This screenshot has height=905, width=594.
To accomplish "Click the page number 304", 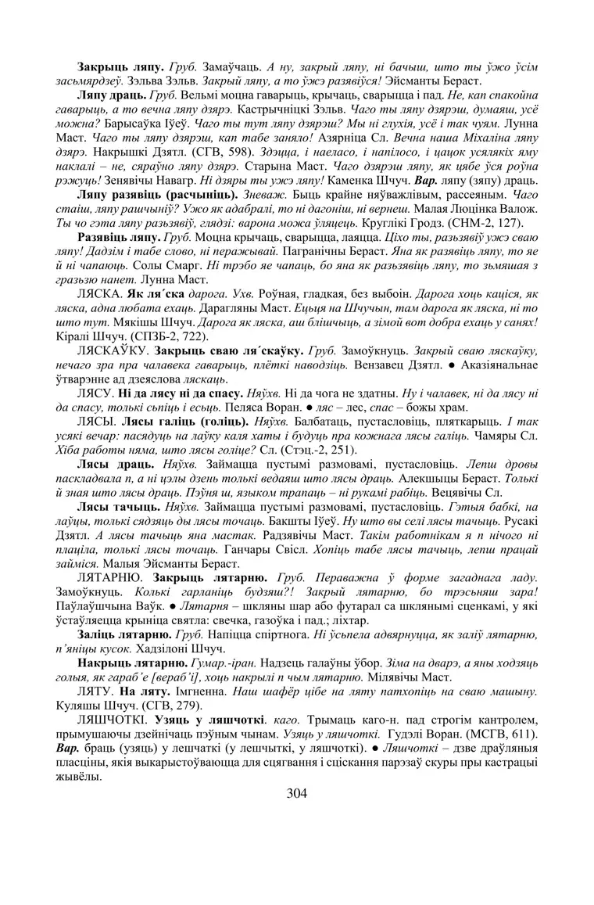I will (x=297, y=793).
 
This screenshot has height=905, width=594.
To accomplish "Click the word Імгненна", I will (x=187, y=692).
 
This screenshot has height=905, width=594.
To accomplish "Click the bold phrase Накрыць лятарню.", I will (x=124, y=664).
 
